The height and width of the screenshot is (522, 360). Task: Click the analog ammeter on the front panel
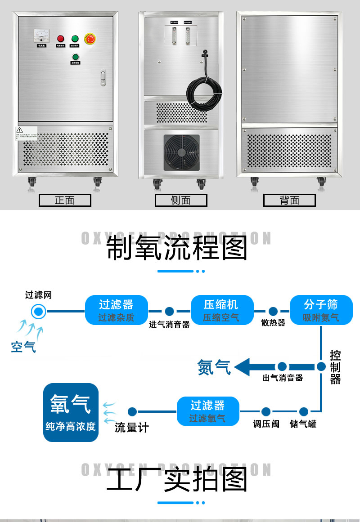click(x=44, y=36)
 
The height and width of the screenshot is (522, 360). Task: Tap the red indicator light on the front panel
click(x=59, y=39)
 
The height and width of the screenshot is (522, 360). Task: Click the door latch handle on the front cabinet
click(x=103, y=77)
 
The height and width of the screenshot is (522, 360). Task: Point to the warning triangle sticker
click(x=19, y=130)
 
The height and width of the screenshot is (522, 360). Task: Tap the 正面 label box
click(x=65, y=201)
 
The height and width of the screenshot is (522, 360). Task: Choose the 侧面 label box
click(x=181, y=201)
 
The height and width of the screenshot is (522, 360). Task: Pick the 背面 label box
click(x=289, y=201)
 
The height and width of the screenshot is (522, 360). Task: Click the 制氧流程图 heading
click(x=177, y=248)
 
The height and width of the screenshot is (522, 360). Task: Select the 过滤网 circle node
click(x=38, y=311)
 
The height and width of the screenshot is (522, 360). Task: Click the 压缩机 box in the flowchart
click(x=221, y=310)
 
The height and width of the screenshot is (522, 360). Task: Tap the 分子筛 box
click(x=321, y=310)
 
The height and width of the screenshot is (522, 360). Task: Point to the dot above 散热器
click(x=273, y=311)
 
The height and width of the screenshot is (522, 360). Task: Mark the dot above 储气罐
click(x=304, y=411)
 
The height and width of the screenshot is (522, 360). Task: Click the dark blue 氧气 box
click(x=71, y=412)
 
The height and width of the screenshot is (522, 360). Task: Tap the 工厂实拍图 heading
click(x=177, y=480)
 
